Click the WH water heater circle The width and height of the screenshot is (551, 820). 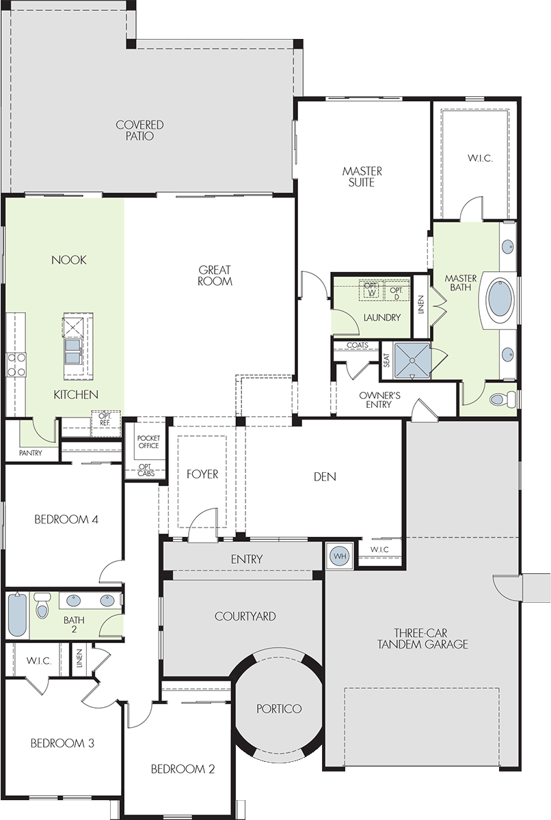pyautogui.click(x=340, y=556)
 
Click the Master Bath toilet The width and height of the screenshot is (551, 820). pyautogui.click(x=501, y=398)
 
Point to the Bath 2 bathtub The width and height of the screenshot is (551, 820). pyautogui.click(x=17, y=614)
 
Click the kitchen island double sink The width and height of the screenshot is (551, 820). pyautogui.click(x=74, y=351)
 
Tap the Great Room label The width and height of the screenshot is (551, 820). pyautogui.click(x=215, y=275)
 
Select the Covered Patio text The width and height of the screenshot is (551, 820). pyautogui.click(x=139, y=131)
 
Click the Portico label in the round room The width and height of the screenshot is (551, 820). pyautogui.click(x=279, y=709)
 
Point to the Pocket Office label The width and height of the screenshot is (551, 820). pyautogui.click(x=148, y=442)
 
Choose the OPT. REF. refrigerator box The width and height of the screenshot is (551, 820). pyautogui.click(x=106, y=423)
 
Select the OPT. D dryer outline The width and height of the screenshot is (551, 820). pyautogui.click(x=397, y=290)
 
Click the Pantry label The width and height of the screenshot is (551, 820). pyautogui.click(x=31, y=453)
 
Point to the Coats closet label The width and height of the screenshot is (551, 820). pyautogui.click(x=358, y=345)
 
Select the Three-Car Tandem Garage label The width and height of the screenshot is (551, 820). pyautogui.click(x=422, y=638)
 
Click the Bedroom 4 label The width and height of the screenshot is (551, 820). pyautogui.click(x=66, y=519)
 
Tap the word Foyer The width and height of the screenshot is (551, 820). pyautogui.click(x=202, y=474)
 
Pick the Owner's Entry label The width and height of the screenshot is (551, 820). pyautogui.click(x=379, y=400)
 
